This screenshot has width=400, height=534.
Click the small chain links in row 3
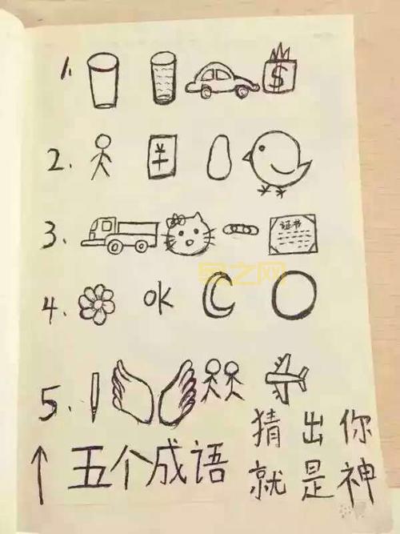click(x=238, y=230)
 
